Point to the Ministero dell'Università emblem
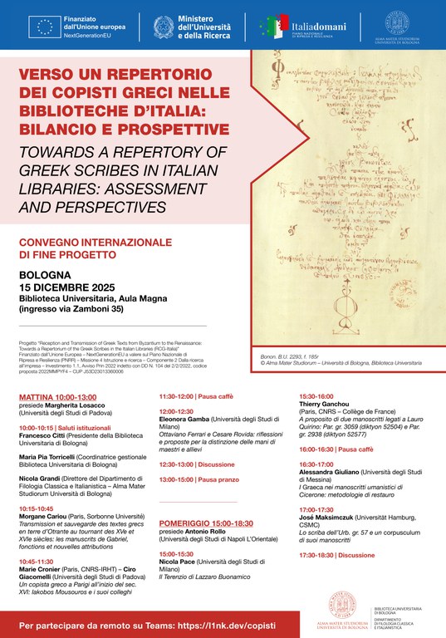[164, 27]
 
